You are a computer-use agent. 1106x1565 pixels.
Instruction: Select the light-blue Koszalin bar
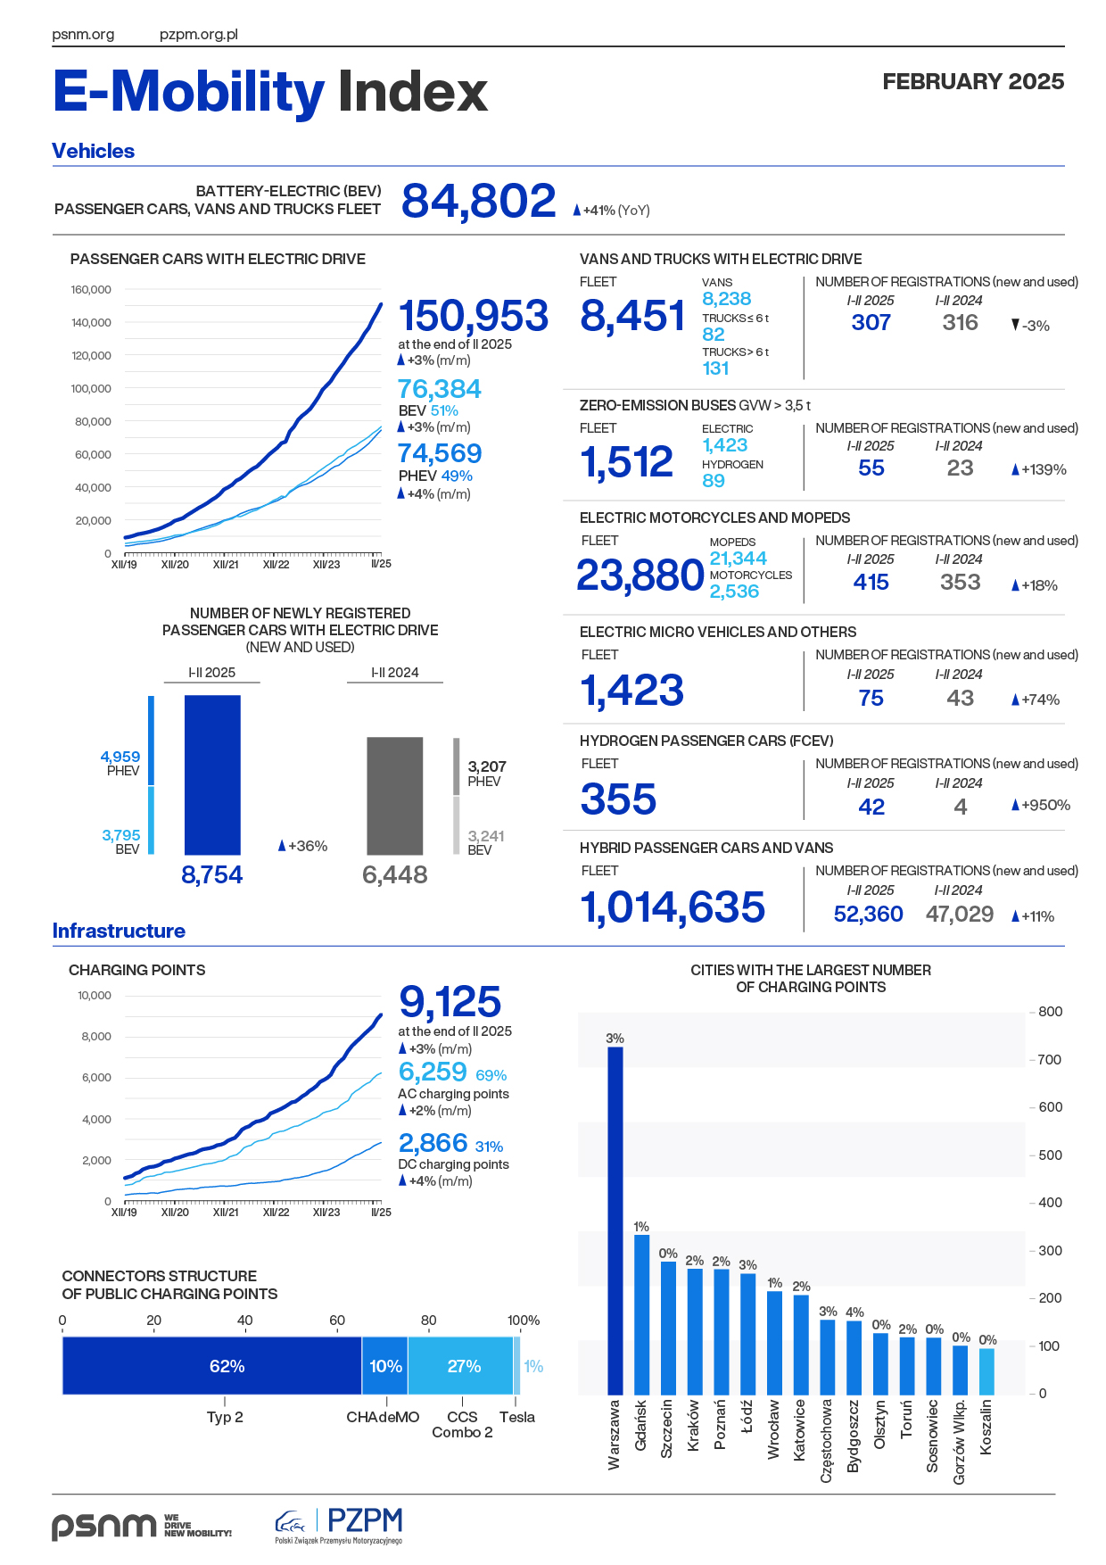986,1371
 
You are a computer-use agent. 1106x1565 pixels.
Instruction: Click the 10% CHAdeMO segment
385,1366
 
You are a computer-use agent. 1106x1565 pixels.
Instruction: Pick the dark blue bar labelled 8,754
212,774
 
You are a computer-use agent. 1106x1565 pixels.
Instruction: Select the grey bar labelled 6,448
395,796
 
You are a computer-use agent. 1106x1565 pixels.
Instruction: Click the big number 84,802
478,201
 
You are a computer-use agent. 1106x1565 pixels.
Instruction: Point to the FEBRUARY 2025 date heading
973,81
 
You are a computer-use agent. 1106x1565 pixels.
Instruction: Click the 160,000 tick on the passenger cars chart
91,289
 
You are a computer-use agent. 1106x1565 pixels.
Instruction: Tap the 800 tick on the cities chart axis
1050,1012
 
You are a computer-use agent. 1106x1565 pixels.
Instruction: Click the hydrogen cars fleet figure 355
618,799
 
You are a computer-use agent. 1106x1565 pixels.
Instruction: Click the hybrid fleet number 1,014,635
673,907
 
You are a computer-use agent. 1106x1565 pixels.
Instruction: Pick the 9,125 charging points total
450,1002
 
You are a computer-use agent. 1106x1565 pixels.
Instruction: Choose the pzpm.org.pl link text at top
198,35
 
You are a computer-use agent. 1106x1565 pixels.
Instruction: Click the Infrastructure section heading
119,931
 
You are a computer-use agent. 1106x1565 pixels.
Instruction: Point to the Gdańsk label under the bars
640,1425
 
